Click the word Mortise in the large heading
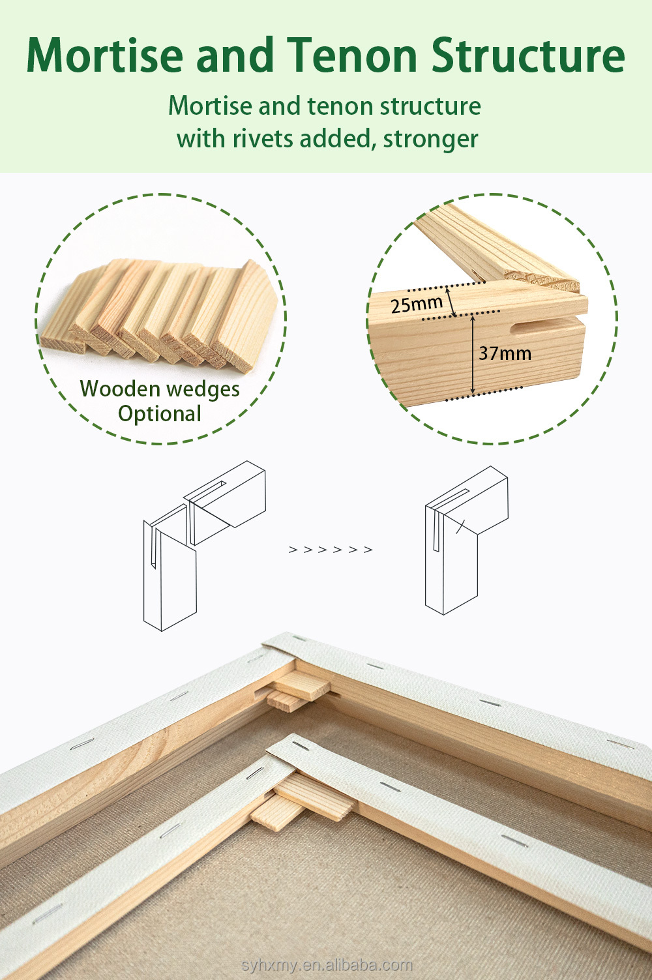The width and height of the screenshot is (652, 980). coord(104,55)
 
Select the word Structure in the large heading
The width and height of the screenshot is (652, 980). coord(528,55)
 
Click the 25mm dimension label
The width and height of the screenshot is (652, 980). coord(417,304)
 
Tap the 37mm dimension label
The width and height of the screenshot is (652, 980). coord(505,353)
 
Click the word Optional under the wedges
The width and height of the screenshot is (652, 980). coord(160,414)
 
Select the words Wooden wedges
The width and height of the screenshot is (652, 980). coord(160,389)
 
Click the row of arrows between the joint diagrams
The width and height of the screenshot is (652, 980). coord(331,550)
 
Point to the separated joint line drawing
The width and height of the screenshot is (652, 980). coord(204,546)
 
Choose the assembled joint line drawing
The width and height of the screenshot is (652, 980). coord(466,541)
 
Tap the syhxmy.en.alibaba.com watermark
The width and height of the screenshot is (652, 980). coord(327,965)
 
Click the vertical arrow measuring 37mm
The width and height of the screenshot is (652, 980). coord(473,353)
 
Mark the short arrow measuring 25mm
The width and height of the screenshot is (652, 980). coord(451,300)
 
